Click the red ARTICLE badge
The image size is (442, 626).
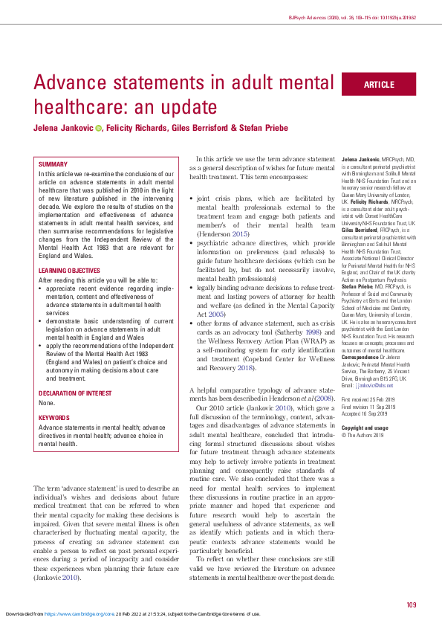tap(379, 85)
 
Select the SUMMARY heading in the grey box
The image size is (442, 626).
tap(52, 164)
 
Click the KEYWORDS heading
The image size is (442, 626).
tap(53, 398)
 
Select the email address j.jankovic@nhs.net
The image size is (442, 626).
tap(375, 385)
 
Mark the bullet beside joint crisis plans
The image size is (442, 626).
tap(192, 199)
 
